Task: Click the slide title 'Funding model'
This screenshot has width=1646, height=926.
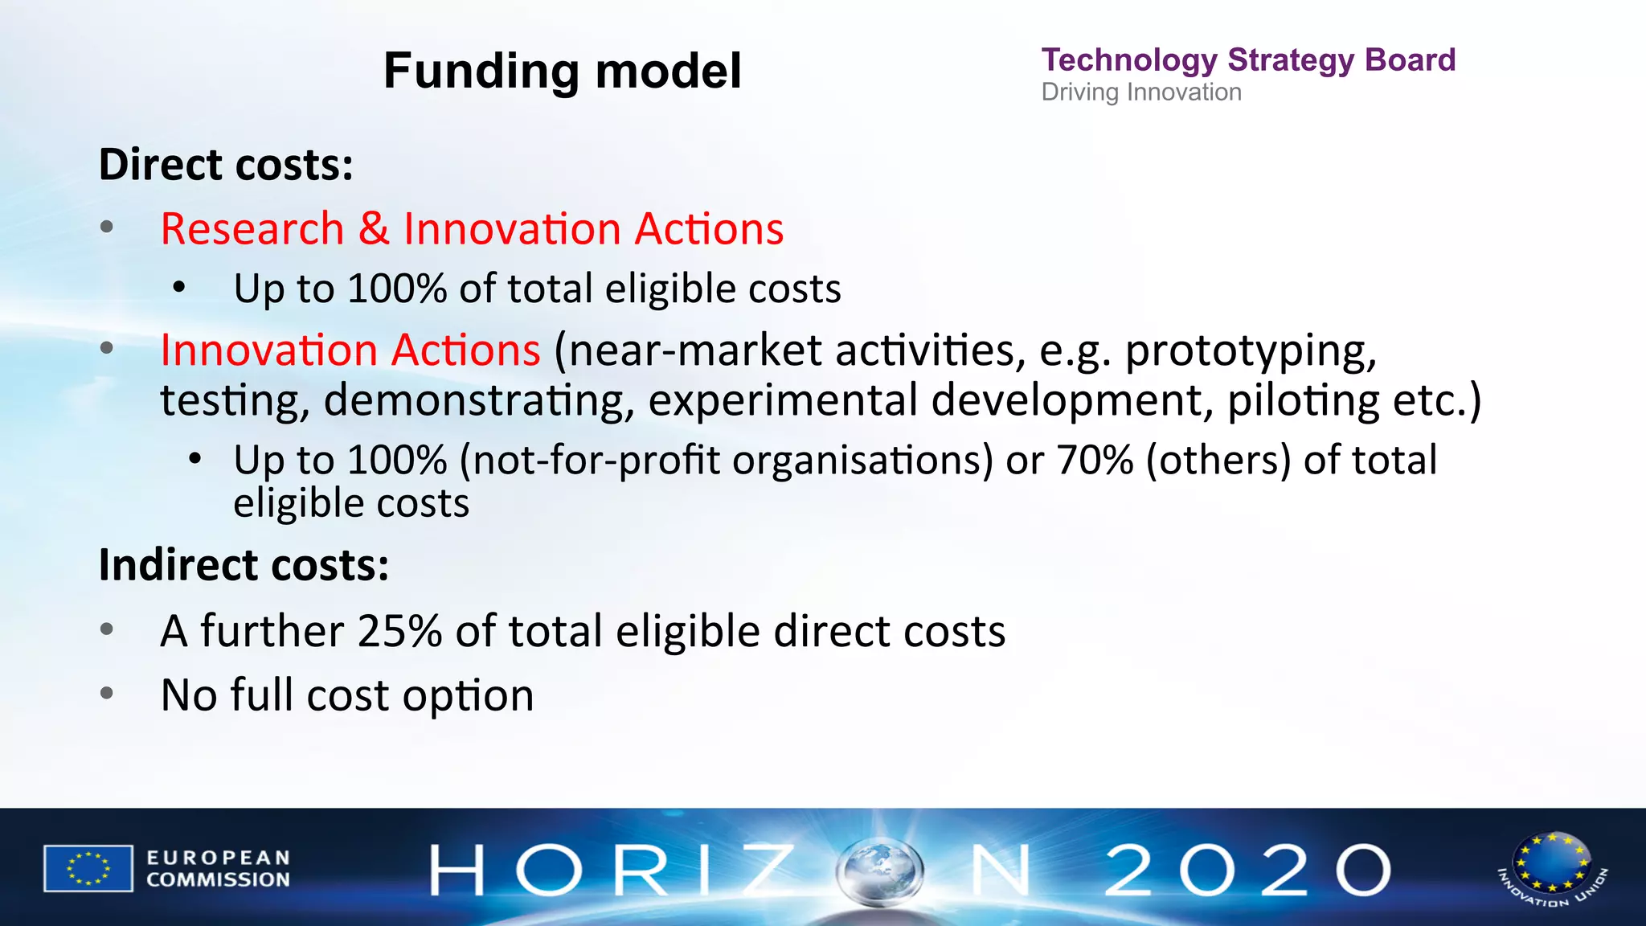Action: [x=562, y=71]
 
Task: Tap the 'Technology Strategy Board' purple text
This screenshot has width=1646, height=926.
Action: [x=1247, y=59]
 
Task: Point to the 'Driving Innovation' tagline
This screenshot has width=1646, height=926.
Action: [x=1140, y=92]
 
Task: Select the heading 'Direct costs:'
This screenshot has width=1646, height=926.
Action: [x=226, y=165]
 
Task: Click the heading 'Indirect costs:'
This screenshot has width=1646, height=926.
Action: [x=244, y=564]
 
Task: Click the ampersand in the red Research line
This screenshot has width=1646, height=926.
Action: [x=374, y=229]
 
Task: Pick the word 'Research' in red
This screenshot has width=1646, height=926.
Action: [x=252, y=229]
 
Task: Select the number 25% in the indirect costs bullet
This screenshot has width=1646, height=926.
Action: [x=399, y=631]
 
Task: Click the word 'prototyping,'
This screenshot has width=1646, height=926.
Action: [x=1251, y=351]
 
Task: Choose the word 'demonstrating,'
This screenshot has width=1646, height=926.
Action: [x=479, y=400]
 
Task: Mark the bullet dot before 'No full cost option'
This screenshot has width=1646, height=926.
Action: [x=107, y=693]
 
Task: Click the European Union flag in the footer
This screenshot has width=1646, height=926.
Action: [x=88, y=868]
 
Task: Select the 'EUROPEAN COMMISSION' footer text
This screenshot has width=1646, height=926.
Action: [x=218, y=869]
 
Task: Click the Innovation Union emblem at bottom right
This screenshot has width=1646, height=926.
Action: [x=1552, y=868]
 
